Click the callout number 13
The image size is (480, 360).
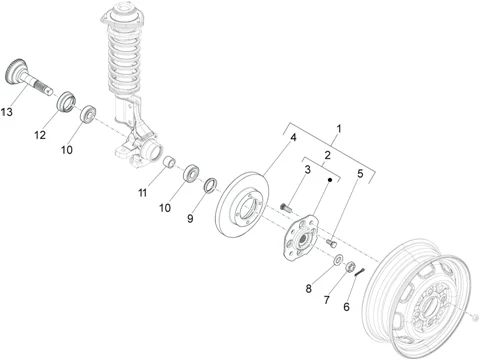point(6,112)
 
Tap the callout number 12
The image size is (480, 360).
point(40,135)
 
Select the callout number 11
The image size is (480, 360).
point(142,193)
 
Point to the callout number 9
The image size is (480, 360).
point(190,219)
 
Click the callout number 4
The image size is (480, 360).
point(293,137)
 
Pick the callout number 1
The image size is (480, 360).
point(339,129)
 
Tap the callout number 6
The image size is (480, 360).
point(346,307)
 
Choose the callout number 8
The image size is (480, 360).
point(309,289)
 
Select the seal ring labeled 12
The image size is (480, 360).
point(65,101)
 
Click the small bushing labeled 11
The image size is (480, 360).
point(170,162)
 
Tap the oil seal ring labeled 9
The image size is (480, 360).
point(210,185)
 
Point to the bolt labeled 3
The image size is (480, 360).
point(286,208)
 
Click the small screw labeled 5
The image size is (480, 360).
point(331,243)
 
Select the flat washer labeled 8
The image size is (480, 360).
point(339,259)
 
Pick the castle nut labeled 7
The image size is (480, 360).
point(350,266)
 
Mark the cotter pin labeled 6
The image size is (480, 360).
point(360,272)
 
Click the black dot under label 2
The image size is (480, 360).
point(330,180)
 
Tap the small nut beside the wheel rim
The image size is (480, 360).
point(476,317)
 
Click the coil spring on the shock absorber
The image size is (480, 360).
point(124,60)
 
